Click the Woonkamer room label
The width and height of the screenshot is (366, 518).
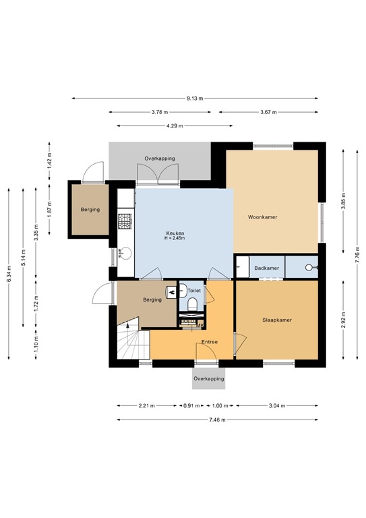(263, 217)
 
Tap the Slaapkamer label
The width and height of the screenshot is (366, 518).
(277, 320)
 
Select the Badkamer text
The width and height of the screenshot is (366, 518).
(266, 268)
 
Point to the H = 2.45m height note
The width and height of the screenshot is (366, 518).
(175, 239)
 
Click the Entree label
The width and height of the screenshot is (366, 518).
(210, 343)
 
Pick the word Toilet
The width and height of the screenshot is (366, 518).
(194, 291)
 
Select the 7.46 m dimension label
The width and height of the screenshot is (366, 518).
(217, 420)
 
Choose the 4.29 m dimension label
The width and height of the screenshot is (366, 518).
(174, 125)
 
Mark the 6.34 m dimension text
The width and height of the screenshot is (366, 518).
(9, 273)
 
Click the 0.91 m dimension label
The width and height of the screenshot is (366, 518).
(191, 405)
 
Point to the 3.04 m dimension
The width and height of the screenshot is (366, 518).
(277, 405)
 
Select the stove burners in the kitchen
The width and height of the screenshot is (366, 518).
(125, 221)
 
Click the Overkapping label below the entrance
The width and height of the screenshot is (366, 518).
(208, 379)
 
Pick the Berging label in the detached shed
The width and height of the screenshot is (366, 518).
(90, 210)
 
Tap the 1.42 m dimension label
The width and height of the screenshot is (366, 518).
(49, 162)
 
